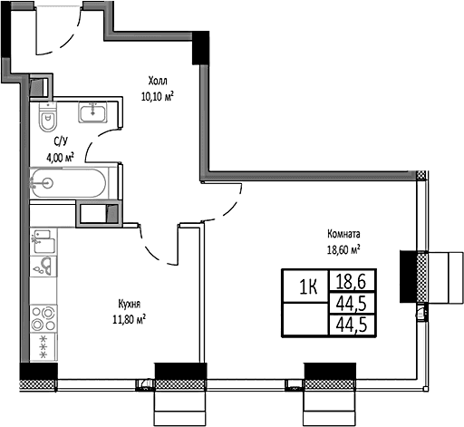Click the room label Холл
tap(158, 81)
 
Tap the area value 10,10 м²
tap(158, 96)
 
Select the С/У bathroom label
tap(61, 141)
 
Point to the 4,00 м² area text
tap(60, 158)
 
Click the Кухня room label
tap(130, 304)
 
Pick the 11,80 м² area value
tap(129, 319)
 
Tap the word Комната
tap(343, 234)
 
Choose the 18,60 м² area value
tap(343, 249)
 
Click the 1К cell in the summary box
tap(308, 286)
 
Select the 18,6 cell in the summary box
tap(351, 281)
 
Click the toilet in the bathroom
tap(48, 117)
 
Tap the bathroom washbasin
tap(92, 112)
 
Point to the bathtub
tap(69, 183)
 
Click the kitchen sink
tap(43, 267)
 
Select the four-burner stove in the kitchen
tap(43, 319)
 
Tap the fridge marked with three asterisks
tap(43, 347)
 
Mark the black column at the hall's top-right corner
tap(201, 48)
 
